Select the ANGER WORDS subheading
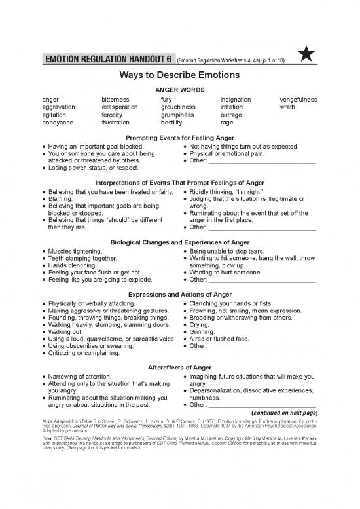point(179,89)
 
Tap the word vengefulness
point(298,100)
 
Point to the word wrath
point(287,107)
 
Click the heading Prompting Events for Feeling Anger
point(179,138)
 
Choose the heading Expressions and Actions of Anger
point(179,295)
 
